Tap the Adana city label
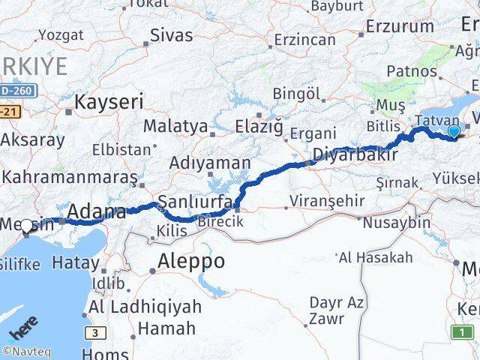[97, 212]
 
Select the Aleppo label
[191, 262]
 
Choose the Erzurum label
[400, 26]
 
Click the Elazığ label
[255, 125]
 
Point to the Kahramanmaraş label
[70, 178]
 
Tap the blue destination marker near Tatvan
[454, 133]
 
